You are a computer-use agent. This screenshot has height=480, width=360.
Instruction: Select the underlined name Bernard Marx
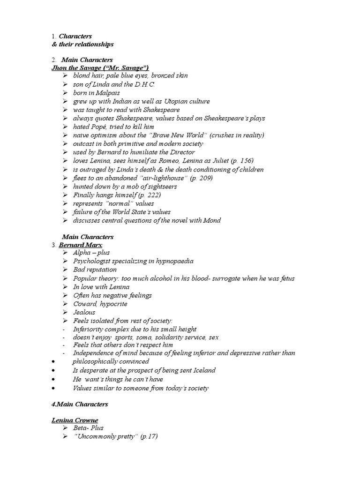pos(80,245)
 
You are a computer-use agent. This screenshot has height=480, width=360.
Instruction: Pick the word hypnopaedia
pos(170,261)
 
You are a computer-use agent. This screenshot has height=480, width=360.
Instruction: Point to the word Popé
pos(98,127)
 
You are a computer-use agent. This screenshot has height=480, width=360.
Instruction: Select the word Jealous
pos(84,312)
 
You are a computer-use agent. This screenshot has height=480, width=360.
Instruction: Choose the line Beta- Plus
pos(88,428)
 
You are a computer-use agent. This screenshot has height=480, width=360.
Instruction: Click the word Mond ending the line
pos(212,220)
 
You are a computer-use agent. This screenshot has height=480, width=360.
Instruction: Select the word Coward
pos(84,304)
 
